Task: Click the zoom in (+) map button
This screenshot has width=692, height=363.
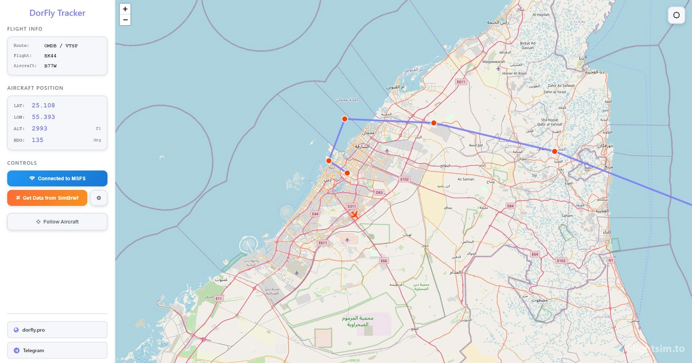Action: tap(125, 9)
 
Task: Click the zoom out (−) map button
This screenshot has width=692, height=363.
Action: tap(125, 20)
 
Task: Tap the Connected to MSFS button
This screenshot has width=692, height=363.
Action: tap(57, 179)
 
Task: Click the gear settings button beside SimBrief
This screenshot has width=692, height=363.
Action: tap(99, 198)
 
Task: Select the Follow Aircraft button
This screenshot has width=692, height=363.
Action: tap(57, 222)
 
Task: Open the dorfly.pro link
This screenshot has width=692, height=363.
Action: tap(57, 330)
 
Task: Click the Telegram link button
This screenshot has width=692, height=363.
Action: tap(57, 350)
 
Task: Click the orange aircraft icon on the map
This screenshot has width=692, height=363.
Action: tap(354, 215)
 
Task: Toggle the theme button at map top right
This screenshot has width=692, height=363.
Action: tap(676, 15)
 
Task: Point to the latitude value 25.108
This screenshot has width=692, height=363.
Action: tap(43, 105)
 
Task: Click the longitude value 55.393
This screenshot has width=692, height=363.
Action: tap(43, 117)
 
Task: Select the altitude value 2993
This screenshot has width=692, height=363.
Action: tap(40, 129)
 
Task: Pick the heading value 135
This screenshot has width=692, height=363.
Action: tap(38, 140)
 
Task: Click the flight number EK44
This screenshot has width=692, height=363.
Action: tap(50, 56)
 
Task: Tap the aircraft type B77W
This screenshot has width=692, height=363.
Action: tap(50, 66)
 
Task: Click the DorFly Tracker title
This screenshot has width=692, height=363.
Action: tap(57, 13)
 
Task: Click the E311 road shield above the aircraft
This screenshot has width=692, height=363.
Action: tap(352, 206)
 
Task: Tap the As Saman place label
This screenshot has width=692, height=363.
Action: tap(466, 179)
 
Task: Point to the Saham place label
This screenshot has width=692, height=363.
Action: tap(567, 216)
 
